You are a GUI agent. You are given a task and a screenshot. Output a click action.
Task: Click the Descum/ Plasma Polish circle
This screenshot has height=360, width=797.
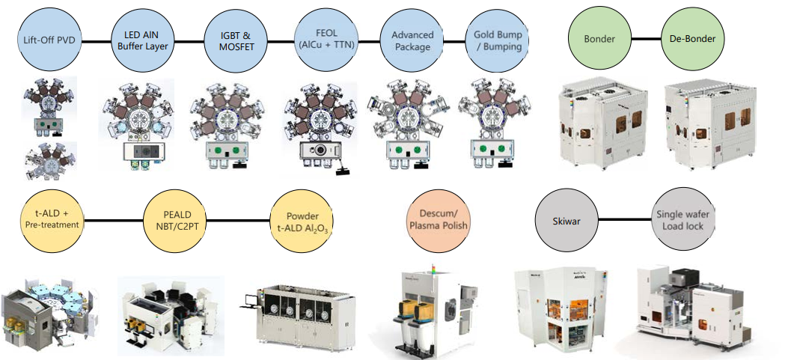tap(435, 219)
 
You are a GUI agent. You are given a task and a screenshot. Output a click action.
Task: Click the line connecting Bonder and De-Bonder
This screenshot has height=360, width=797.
tap(645, 37)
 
